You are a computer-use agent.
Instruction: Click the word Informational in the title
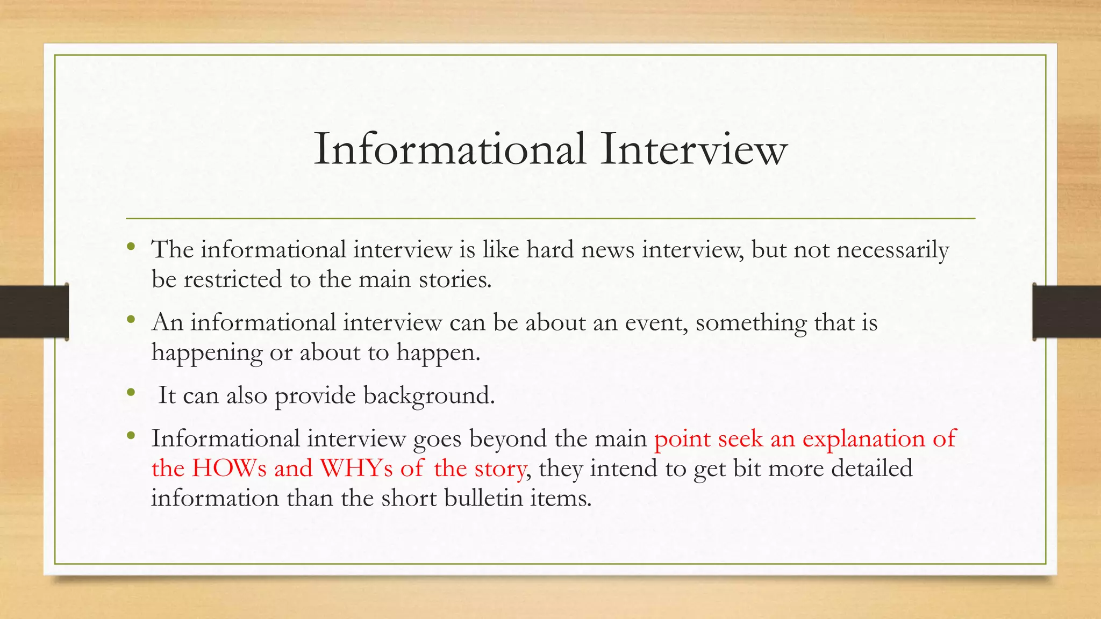449,149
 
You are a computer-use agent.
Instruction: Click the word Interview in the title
694,149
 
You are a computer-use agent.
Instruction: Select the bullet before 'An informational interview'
131,320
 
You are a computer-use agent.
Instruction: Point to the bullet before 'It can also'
131,393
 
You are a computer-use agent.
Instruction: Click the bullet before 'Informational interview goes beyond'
131,436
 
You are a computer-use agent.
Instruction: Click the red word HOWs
229,468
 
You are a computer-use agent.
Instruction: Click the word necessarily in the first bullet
892,250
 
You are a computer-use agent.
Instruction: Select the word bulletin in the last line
483,498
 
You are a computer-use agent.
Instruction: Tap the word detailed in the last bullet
871,468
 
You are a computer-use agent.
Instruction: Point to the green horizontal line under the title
550,219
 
